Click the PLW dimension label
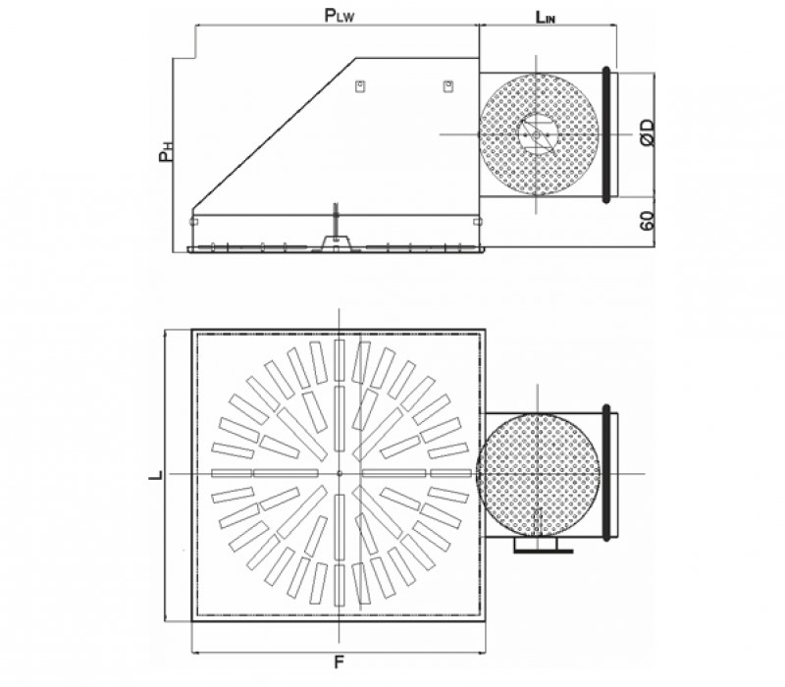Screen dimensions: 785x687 [339, 16]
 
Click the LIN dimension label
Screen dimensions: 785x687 [546, 18]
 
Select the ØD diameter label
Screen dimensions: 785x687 [647, 132]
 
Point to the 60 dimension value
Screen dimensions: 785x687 [647, 220]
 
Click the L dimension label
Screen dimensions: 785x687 [156, 475]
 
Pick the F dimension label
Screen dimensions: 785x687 [339, 662]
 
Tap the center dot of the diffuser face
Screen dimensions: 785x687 [340, 473]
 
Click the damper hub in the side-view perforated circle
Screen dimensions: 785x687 [537, 134]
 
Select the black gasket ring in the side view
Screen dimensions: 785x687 [606, 134]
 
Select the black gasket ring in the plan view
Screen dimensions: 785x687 [606, 473]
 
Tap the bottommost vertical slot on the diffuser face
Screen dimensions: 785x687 [340, 585]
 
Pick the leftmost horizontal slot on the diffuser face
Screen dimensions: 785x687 [232, 473]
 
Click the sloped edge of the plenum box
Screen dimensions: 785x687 [274, 133]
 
